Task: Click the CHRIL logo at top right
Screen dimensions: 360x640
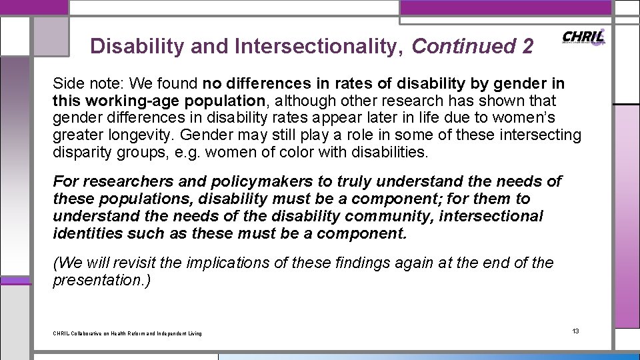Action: [x=583, y=37]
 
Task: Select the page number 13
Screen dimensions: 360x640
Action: [x=576, y=331]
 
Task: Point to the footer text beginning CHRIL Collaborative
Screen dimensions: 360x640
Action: [x=127, y=333]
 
